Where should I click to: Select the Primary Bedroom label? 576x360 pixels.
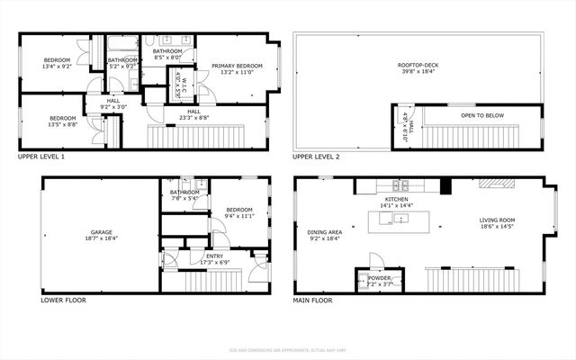[237, 66]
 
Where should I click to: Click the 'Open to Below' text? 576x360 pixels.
[481, 115]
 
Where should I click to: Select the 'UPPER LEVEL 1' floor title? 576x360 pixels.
[41, 157]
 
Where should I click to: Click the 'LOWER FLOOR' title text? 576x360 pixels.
[64, 300]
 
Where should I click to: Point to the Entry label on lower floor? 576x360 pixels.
[214, 256]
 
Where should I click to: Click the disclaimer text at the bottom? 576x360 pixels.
[288, 350]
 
